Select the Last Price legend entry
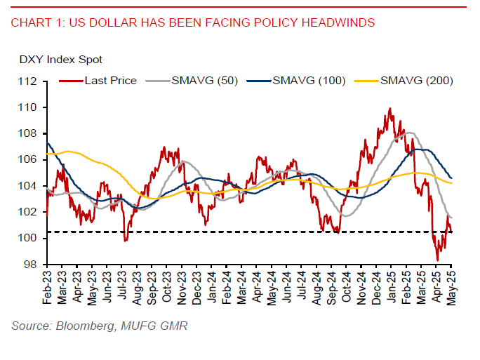tap(110, 81)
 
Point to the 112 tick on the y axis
tap(29, 81)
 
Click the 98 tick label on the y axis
tap(32, 265)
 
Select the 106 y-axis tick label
tap(29, 160)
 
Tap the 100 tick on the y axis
tap(29, 239)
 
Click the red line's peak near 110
tap(390, 109)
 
